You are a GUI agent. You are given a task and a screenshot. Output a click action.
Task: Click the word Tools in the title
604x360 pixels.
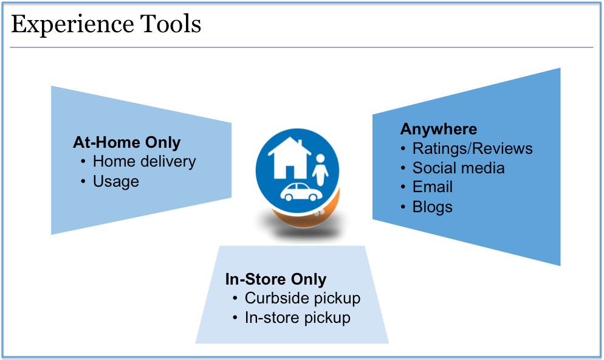pos(170,24)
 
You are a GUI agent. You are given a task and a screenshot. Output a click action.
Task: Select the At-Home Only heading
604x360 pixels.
pos(127,143)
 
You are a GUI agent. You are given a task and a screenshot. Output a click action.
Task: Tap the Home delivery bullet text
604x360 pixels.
pos(144,162)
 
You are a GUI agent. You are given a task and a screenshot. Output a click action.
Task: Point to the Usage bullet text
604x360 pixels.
pos(116,182)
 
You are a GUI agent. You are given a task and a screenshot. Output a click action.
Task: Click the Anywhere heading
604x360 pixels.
pos(439,129)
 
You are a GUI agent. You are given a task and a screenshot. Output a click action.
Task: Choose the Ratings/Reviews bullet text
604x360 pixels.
pos(473,149)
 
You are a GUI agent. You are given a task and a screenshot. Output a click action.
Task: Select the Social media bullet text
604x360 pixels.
pos(458,168)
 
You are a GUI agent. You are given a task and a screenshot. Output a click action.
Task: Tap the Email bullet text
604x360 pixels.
pos(433,187)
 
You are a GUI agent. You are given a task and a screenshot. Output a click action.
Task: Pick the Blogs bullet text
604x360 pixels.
pos(432,207)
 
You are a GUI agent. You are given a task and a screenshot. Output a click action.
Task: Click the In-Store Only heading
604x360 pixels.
pos(276,279)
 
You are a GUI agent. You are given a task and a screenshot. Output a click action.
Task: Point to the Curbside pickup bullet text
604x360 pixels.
pos(303,299)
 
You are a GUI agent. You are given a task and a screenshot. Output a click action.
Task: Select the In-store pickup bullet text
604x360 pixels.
pos(297,318)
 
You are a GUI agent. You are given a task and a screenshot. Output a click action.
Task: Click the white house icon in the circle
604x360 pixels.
pos(290,159)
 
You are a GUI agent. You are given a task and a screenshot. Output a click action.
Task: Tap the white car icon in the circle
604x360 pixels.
pos(301,192)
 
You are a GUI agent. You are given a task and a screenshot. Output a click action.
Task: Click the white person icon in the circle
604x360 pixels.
pos(320,170)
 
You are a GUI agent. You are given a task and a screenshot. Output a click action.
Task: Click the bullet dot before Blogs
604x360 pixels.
pos(403,207)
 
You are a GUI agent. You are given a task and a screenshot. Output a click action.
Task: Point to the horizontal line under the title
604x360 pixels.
pos(301,47)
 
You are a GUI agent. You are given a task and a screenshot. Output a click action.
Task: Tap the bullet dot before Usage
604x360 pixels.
pos(83,181)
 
